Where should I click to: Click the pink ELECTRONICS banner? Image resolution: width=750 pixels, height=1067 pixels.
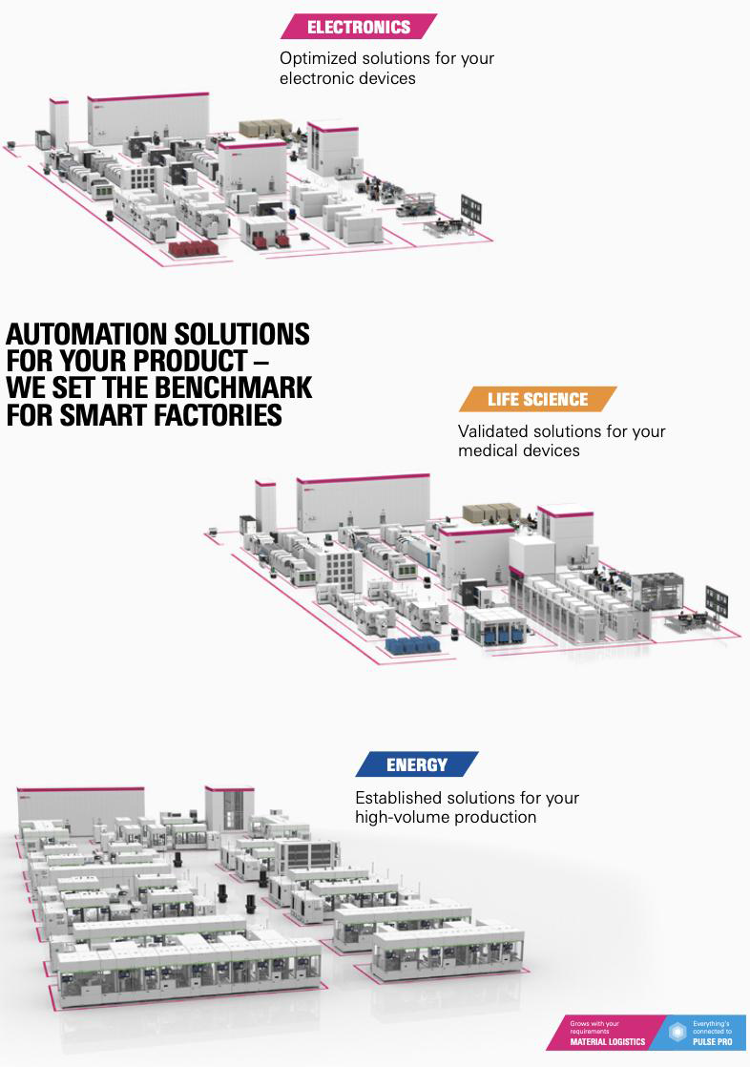pos(359,27)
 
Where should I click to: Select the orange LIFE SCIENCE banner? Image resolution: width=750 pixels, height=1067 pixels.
pos(537,399)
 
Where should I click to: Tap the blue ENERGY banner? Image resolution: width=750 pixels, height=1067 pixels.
pos(417,764)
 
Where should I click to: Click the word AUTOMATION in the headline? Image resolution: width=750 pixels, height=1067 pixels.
pos(82,334)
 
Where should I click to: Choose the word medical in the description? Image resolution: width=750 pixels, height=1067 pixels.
pos(487,450)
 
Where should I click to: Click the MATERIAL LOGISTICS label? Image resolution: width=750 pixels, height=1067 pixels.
pos(608,1041)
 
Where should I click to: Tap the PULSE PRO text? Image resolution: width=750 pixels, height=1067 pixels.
pos(713,1041)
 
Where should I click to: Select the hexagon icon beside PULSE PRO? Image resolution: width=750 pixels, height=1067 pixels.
pos(677,1033)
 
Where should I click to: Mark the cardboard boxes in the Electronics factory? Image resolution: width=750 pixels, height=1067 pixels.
pos(264,128)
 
